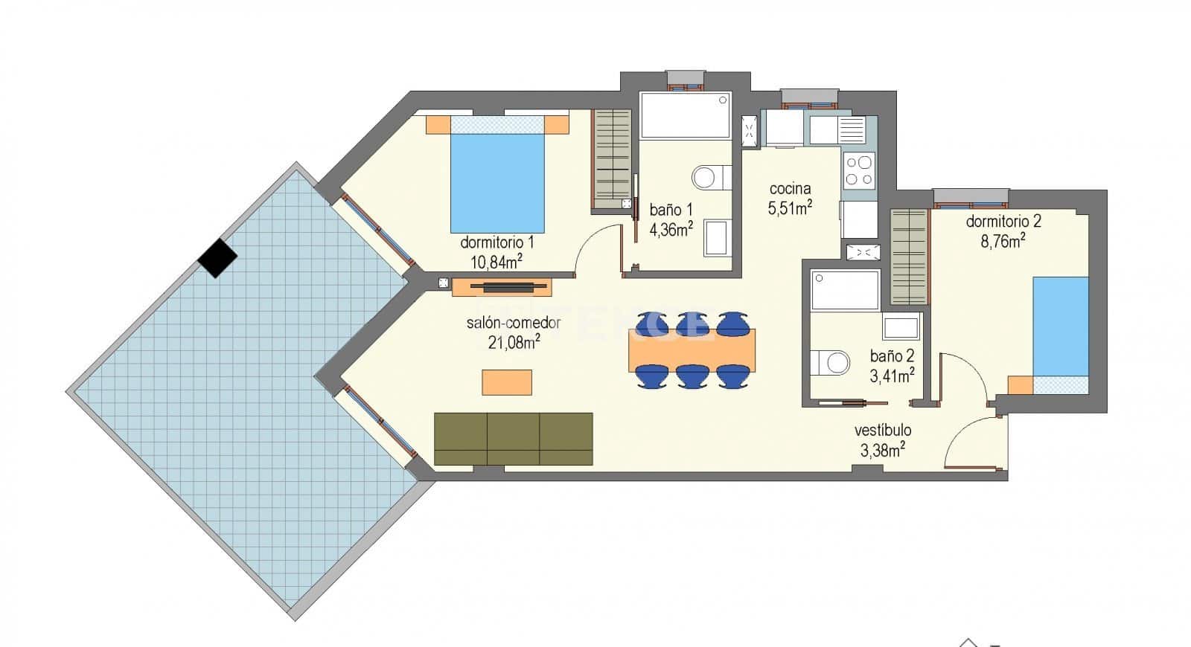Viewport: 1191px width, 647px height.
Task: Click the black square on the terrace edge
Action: coord(217,257)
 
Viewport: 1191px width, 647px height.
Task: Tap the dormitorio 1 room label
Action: coord(496,242)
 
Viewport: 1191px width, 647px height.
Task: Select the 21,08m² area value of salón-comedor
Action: coord(512,342)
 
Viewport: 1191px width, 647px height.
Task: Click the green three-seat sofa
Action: coord(513,439)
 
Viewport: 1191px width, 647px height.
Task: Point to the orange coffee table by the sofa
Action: coord(507,382)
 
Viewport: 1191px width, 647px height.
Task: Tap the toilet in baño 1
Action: coord(711,177)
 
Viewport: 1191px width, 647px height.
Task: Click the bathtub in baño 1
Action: coord(685,115)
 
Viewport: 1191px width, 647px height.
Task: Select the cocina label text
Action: coord(790,189)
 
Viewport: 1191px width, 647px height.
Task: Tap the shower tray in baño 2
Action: coord(845,290)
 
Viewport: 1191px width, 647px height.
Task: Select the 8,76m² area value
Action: coord(1003,240)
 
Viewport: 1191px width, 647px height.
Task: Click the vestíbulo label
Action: coord(883,430)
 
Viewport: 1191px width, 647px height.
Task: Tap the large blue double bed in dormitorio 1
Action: coord(497,182)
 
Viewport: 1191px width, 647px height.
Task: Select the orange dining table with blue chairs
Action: coord(692,350)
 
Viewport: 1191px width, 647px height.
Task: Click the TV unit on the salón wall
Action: coord(501,286)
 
